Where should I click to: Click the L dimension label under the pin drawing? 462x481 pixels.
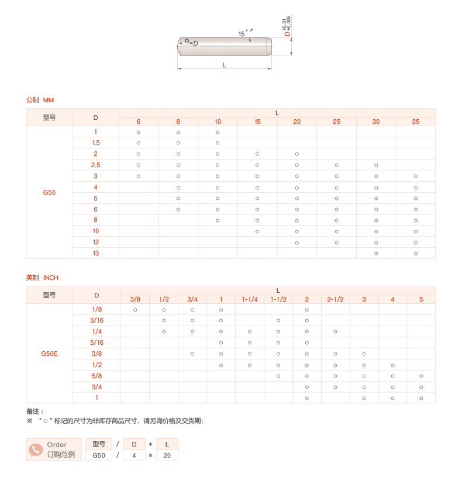point(225,65)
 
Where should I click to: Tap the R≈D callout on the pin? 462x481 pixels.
point(191,43)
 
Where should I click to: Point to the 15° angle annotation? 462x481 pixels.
point(242,34)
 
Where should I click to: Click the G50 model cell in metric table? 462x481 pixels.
point(49,192)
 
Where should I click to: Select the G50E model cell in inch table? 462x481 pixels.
point(49,354)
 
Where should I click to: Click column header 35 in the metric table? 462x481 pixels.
point(415,122)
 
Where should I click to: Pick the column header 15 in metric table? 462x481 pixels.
point(257,122)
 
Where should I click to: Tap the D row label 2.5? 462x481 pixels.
point(96,165)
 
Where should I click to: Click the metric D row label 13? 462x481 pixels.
point(96,253)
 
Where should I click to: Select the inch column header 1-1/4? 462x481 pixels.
point(250,299)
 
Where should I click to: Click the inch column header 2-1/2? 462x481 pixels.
point(335,299)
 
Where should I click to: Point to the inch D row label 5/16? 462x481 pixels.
point(96,342)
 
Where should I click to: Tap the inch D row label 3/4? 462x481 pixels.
point(96,386)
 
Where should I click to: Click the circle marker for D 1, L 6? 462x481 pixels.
point(139,132)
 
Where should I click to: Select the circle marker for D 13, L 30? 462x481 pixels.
point(376,253)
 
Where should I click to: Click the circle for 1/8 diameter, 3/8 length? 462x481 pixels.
point(135,309)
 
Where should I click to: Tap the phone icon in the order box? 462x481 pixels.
point(36,449)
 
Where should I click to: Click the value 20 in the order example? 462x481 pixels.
point(167,455)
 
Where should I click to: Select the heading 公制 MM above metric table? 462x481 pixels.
point(40,101)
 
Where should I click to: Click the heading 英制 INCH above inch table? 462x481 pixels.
point(42,278)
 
